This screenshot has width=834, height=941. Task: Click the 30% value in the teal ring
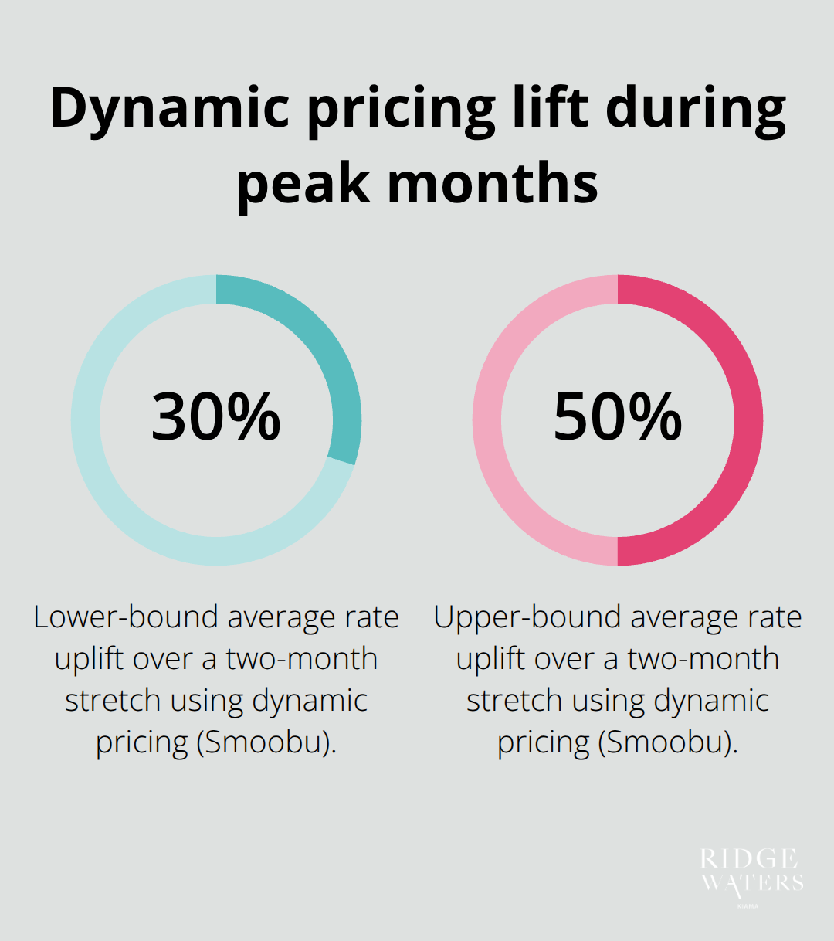pos(216,417)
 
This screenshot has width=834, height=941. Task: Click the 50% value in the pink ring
pos(618,417)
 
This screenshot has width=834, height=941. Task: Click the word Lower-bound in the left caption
pos(126,617)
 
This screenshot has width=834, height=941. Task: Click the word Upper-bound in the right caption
pos(527,617)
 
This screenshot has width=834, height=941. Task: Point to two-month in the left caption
pos(301,659)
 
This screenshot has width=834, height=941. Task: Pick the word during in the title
pos(695,108)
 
